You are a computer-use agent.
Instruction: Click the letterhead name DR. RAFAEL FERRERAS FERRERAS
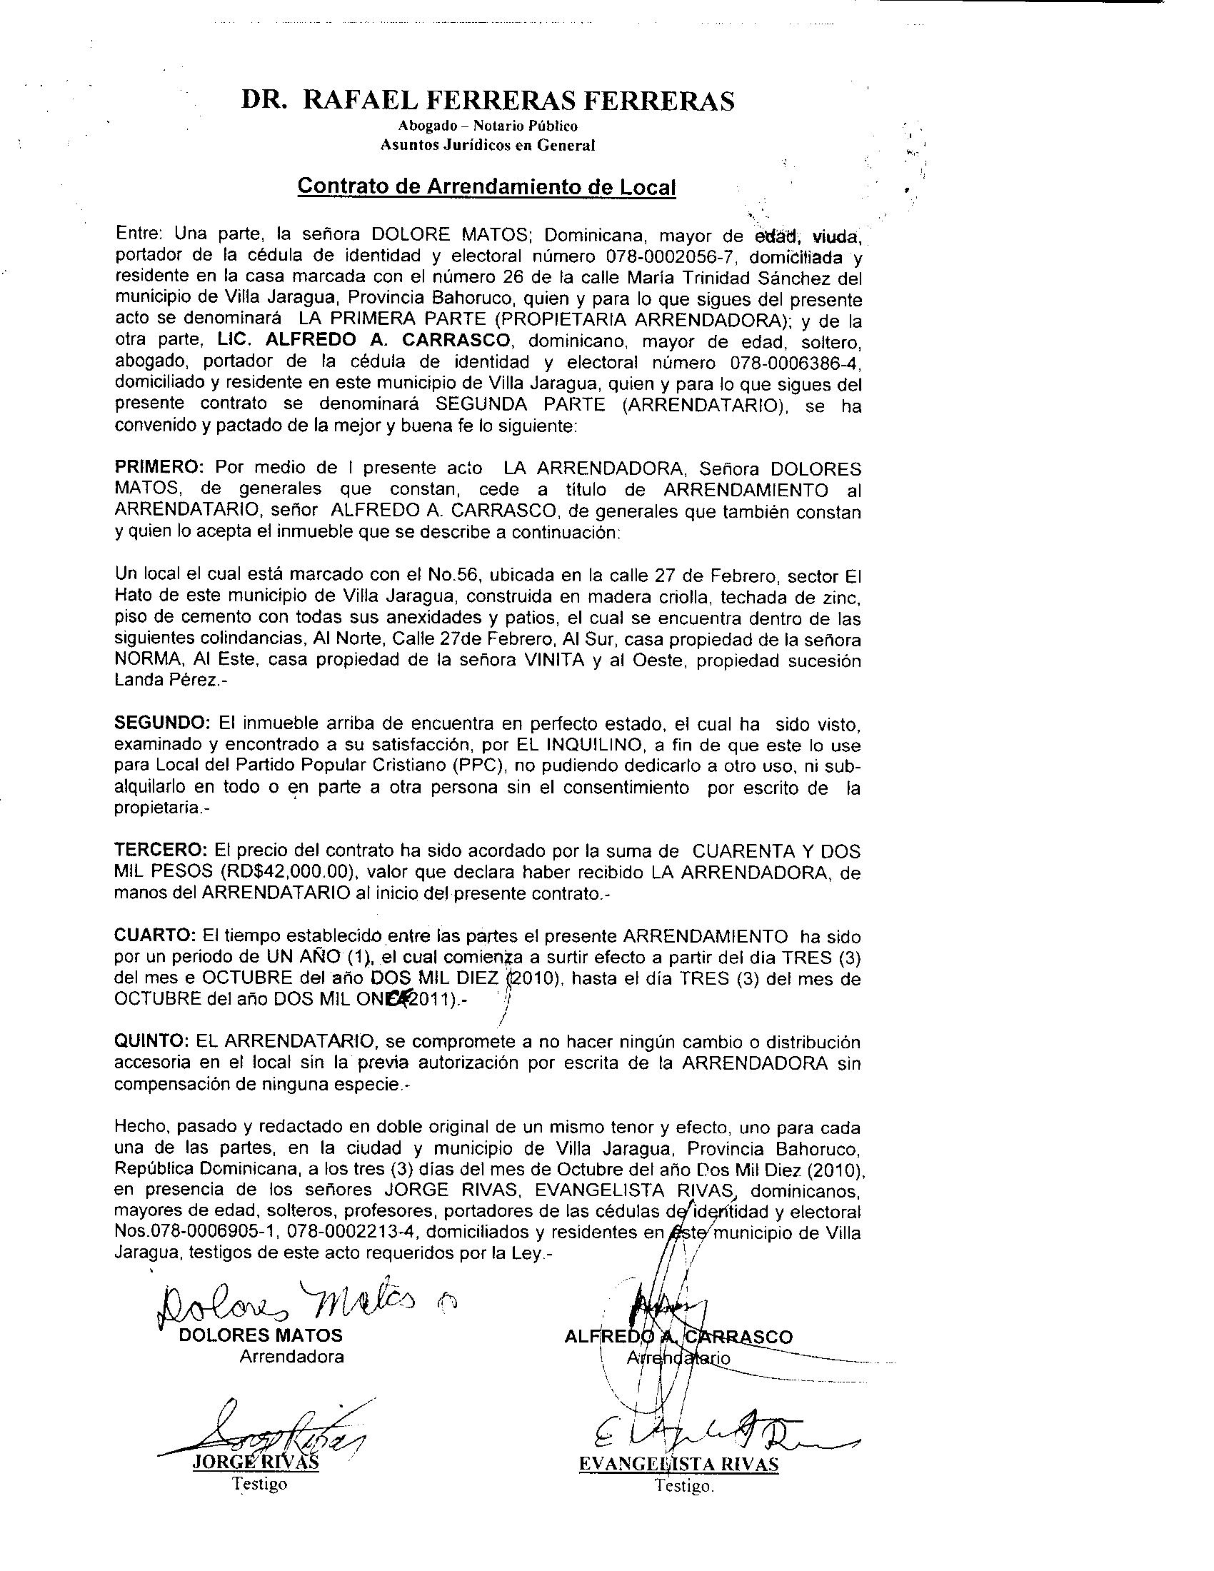coord(488,101)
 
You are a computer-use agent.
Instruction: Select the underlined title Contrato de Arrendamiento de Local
coord(487,187)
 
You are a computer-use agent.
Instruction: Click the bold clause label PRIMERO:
coord(161,468)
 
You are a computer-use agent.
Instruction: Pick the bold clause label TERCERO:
coord(161,851)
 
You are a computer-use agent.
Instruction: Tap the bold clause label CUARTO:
coord(156,937)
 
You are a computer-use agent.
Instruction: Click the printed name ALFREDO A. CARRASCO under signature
coord(678,1337)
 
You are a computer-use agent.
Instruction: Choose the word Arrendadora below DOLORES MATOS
coord(291,1357)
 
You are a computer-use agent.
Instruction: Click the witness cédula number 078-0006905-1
coord(195,1233)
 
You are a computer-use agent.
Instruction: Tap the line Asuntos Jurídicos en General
coord(488,144)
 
